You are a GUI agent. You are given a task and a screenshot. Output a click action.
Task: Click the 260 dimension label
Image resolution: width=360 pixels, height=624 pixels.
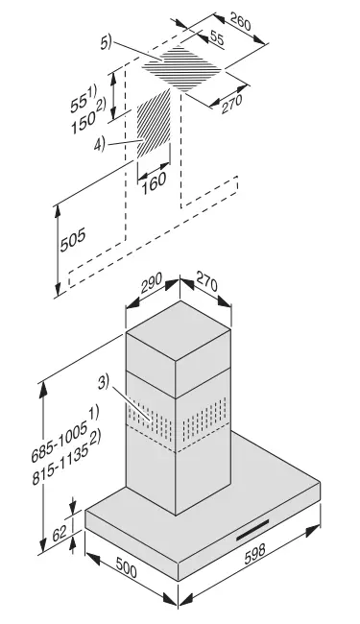click(240, 22)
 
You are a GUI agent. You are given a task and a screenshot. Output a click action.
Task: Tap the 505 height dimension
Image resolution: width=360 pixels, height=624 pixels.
click(73, 240)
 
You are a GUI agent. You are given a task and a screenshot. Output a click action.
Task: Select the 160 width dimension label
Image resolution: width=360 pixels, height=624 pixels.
click(154, 182)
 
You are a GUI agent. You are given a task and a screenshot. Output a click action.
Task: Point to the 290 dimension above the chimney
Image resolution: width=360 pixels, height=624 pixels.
click(152, 283)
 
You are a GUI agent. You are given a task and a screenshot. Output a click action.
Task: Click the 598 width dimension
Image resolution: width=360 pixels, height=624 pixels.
click(254, 554)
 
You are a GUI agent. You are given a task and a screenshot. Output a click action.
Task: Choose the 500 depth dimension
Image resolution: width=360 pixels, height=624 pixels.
click(127, 566)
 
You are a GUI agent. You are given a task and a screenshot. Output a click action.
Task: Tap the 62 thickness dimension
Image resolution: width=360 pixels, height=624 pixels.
click(60, 533)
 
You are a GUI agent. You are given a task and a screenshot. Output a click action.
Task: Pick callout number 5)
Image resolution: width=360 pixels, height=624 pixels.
click(107, 42)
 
